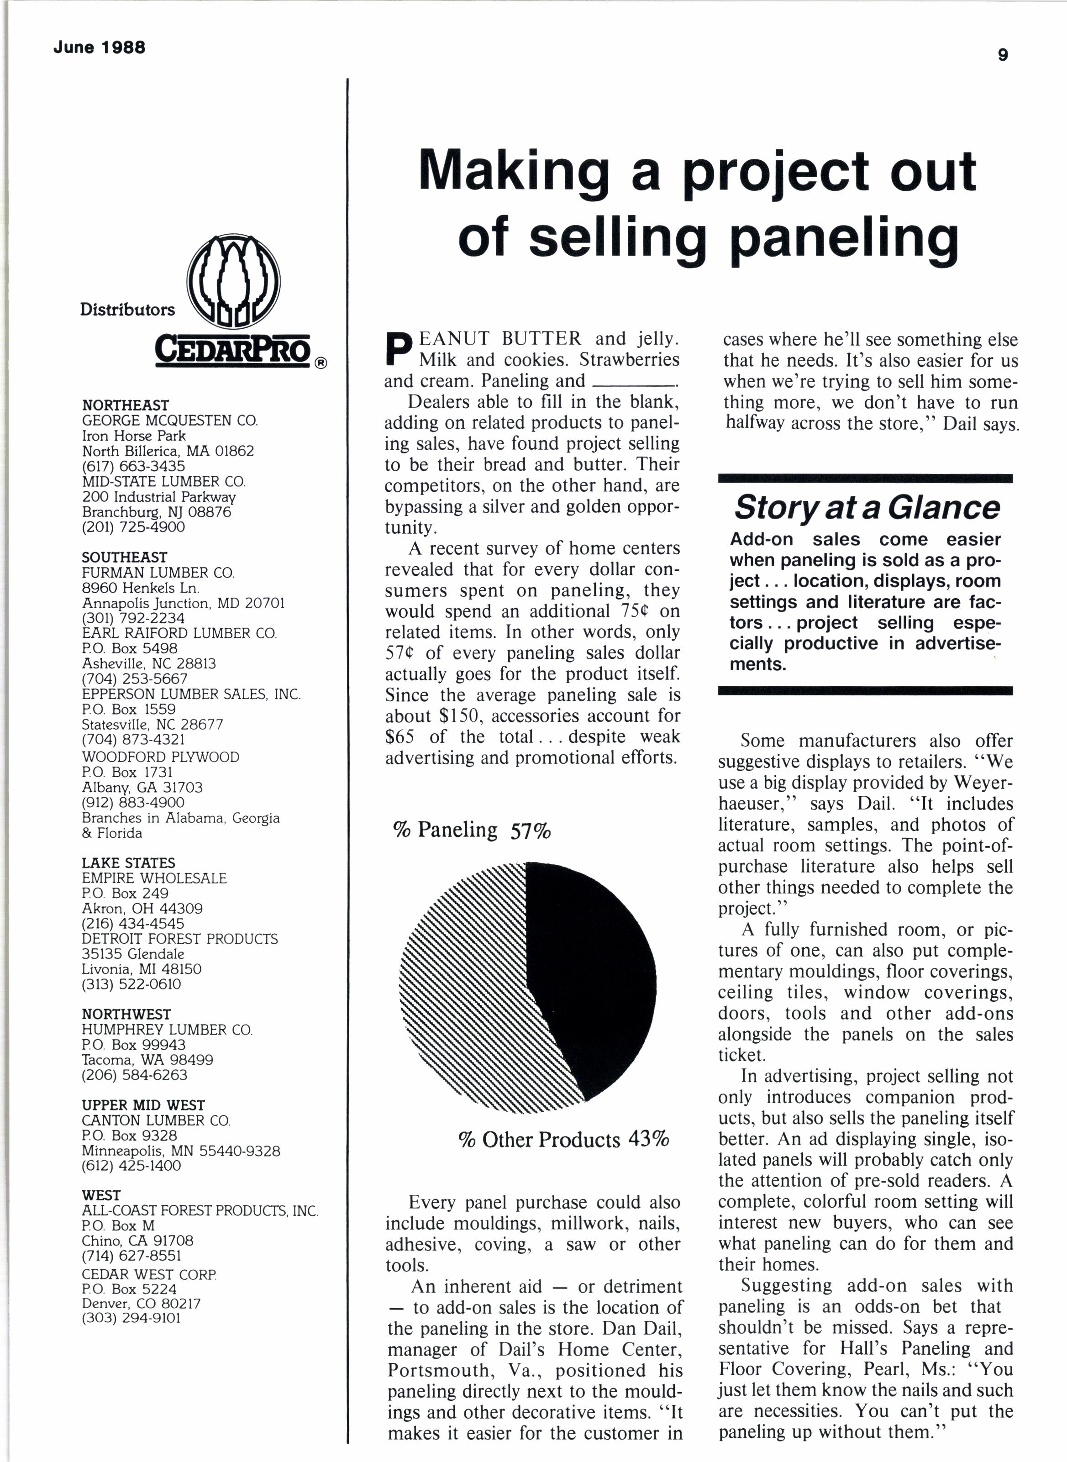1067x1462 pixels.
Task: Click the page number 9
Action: pyautogui.click(x=1003, y=55)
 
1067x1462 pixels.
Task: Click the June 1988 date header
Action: pyautogui.click(x=100, y=47)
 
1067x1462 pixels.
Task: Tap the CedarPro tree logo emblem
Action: pyautogui.click(x=233, y=282)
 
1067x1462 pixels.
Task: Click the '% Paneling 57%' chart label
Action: pyautogui.click(x=472, y=830)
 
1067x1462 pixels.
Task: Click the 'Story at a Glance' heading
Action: pyautogui.click(x=866, y=508)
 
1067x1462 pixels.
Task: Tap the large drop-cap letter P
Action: pyautogui.click(x=397, y=349)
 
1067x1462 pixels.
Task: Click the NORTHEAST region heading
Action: pyautogui.click(x=125, y=405)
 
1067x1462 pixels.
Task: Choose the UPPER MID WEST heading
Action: pyautogui.click(x=143, y=1105)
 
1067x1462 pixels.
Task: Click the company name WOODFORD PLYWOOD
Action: pyautogui.click(x=160, y=757)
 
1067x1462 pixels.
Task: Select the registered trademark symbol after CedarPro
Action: pyautogui.click(x=321, y=363)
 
